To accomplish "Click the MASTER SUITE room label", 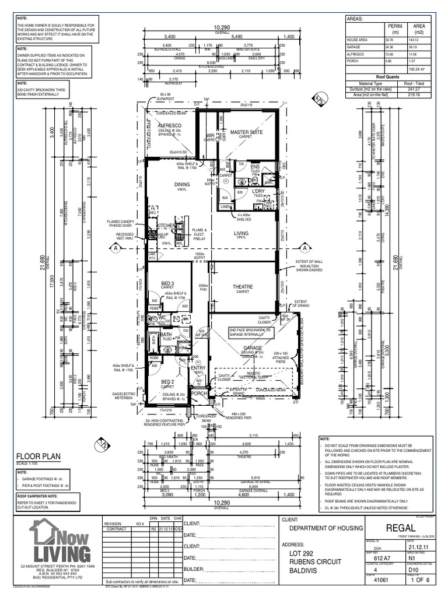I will point(246,132).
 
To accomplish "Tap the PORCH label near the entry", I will point(199,393).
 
